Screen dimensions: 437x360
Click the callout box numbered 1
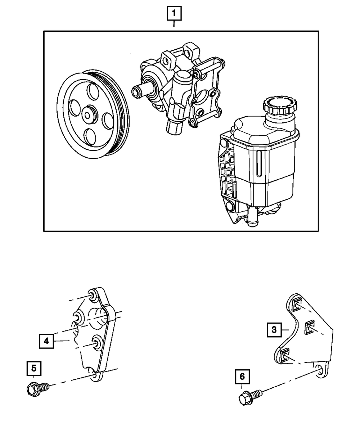click(x=174, y=14)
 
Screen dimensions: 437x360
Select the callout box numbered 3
click(x=274, y=330)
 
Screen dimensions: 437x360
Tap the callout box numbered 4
click(x=46, y=341)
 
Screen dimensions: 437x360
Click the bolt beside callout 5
click(x=36, y=389)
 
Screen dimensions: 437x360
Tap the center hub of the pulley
click(x=87, y=115)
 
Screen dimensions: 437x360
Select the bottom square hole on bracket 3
click(x=284, y=355)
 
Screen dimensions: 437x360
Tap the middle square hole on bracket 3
click(x=309, y=328)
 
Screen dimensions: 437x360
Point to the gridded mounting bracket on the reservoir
click(x=227, y=173)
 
